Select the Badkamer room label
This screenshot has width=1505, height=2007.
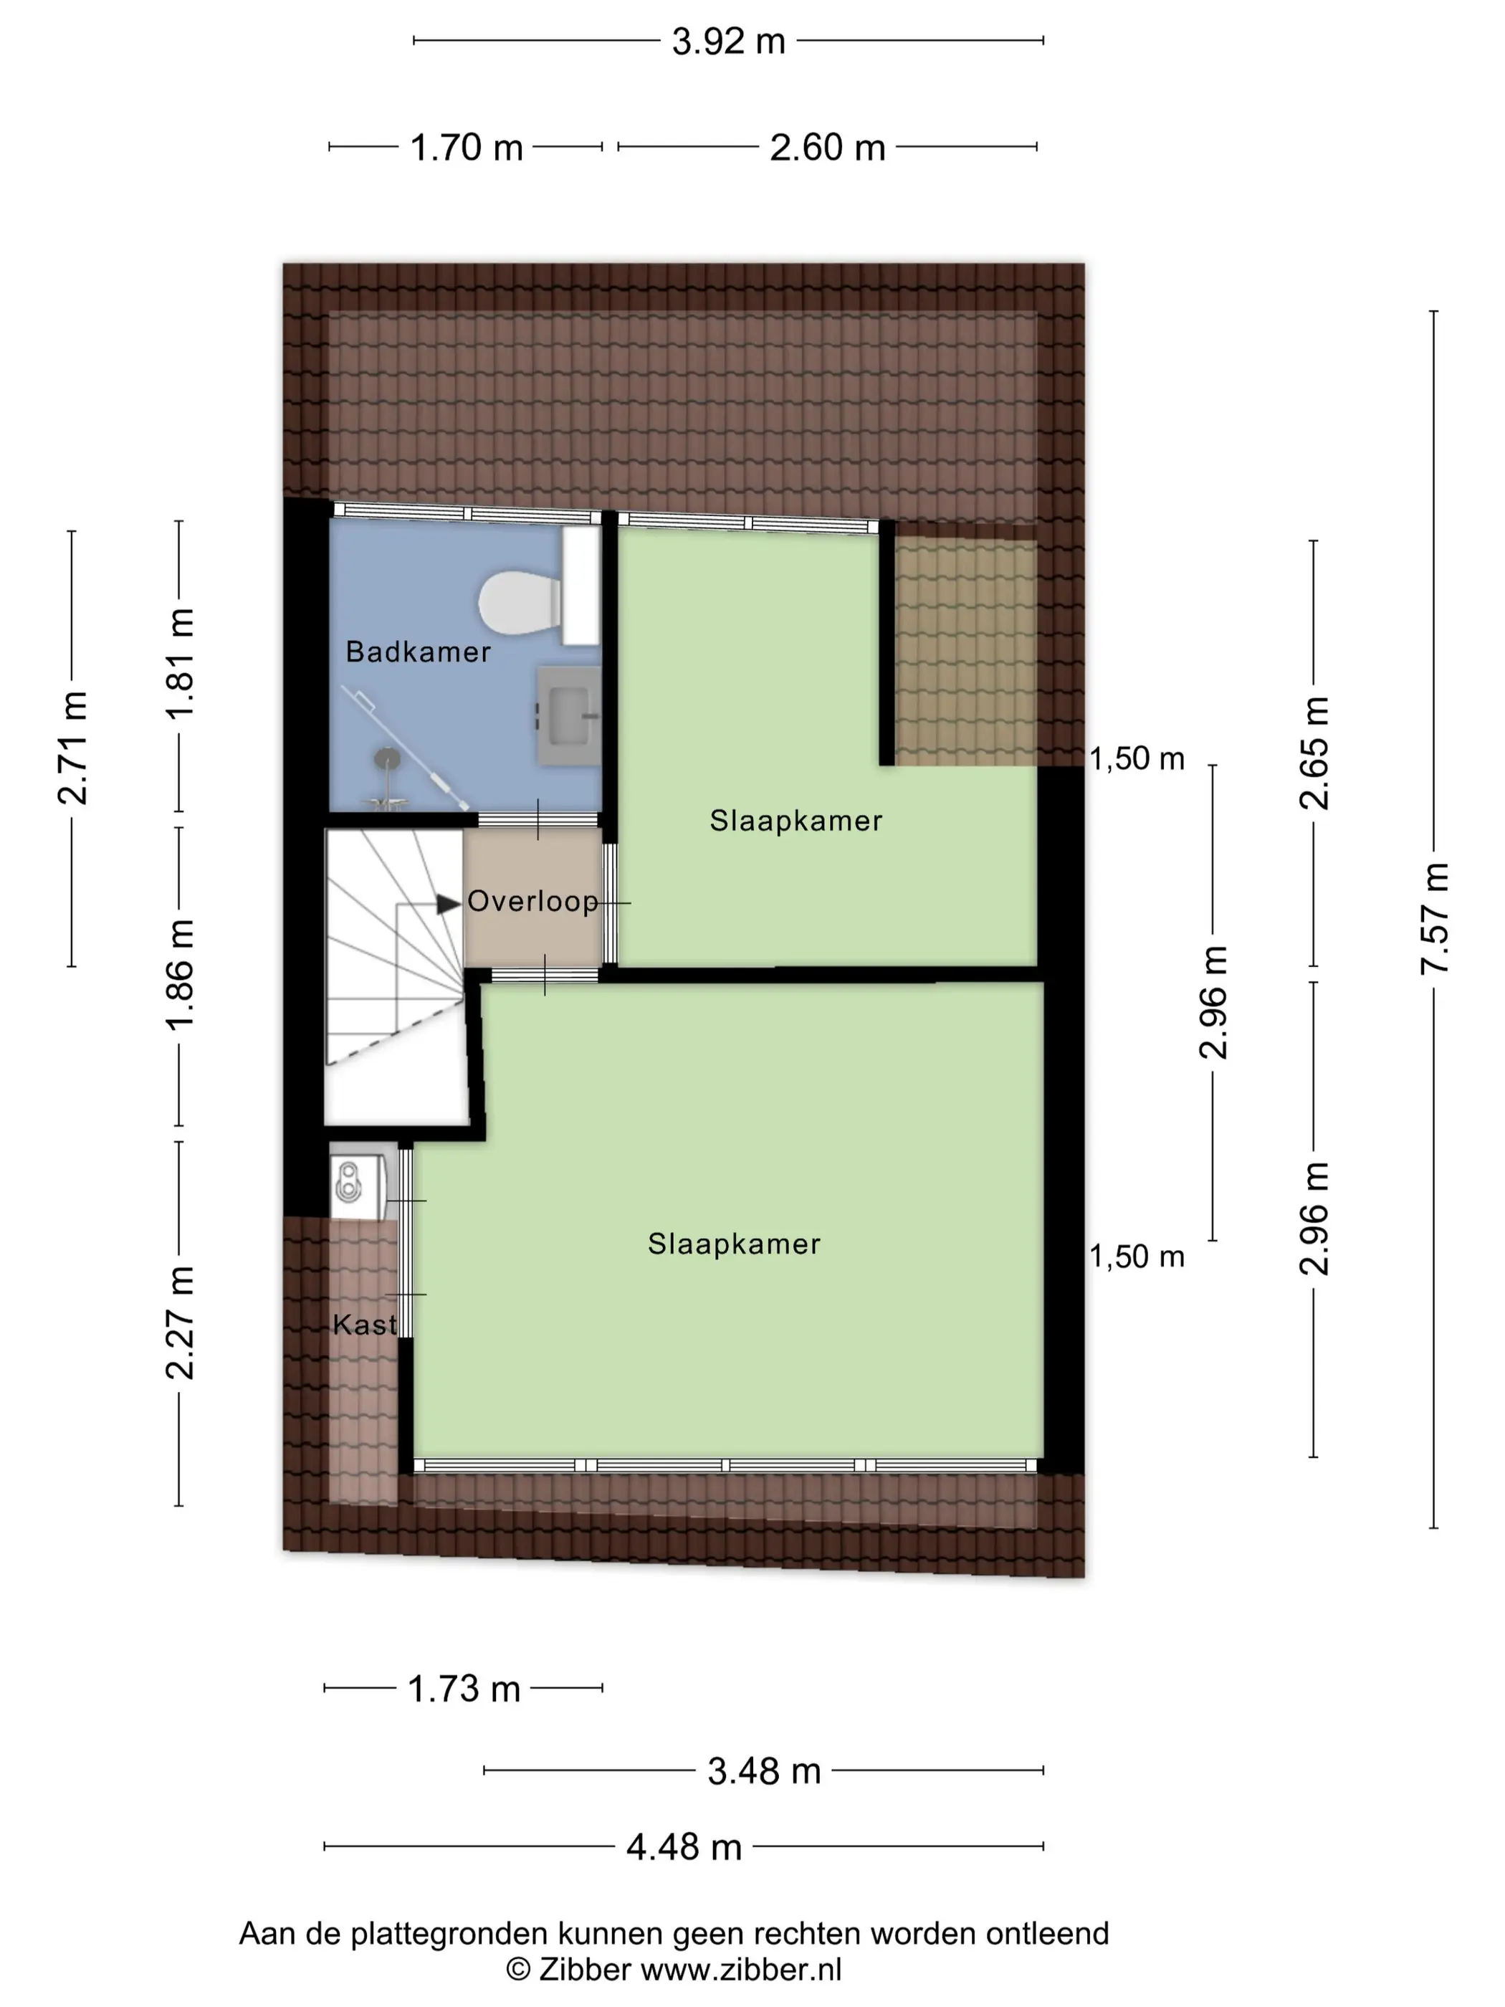[419, 652]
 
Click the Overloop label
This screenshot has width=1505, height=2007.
[532, 901]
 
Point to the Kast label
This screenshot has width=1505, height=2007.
[365, 1325]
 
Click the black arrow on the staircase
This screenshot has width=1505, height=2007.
[448, 905]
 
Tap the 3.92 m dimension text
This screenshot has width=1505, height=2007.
[728, 42]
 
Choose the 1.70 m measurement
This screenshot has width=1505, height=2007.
[467, 148]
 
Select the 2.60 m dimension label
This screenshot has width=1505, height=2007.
[827, 148]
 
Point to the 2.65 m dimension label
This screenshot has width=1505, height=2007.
[1314, 753]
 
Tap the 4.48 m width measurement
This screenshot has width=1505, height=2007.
[684, 1847]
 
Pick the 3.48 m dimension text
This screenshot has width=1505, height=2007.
[764, 1771]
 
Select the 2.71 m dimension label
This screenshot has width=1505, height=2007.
[72, 748]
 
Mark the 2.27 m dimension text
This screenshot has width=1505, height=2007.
[180, 1323]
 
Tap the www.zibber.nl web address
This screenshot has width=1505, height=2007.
[741, 1970]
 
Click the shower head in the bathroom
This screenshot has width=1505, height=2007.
[388, 757]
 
